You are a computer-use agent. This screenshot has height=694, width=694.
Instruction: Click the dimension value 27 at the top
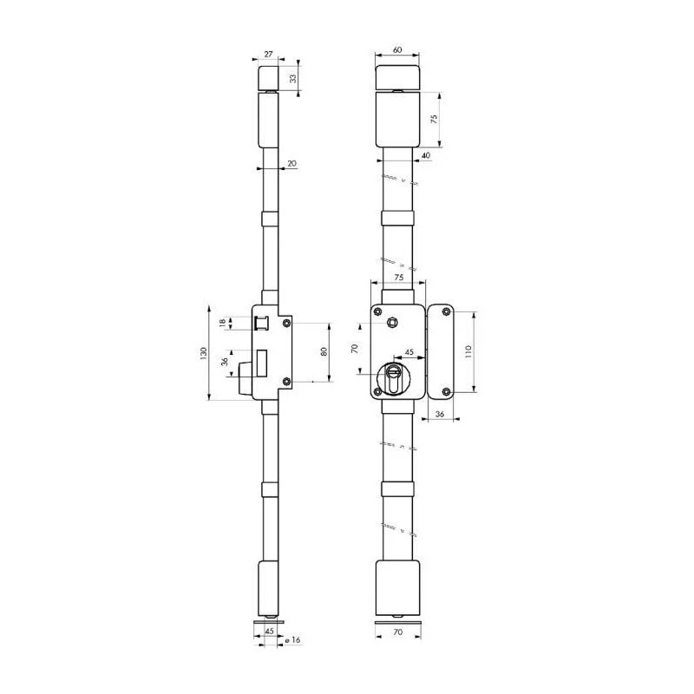(269, 54)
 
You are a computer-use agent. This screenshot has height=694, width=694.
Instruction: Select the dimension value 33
(292, 78)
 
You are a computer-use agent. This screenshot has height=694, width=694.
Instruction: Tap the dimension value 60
(397, 49)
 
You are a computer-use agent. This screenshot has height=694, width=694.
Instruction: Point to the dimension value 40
(426, 155)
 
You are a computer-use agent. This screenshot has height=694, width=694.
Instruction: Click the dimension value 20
(292, 163)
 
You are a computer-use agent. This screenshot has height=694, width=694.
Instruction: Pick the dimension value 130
(203, 353)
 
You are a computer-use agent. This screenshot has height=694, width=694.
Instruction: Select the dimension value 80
(324, 352)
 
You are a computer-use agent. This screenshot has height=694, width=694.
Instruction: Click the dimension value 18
(223, 323)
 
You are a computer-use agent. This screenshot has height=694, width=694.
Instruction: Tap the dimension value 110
(468, 351)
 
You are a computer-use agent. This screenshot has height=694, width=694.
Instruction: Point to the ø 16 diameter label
(292, 639)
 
